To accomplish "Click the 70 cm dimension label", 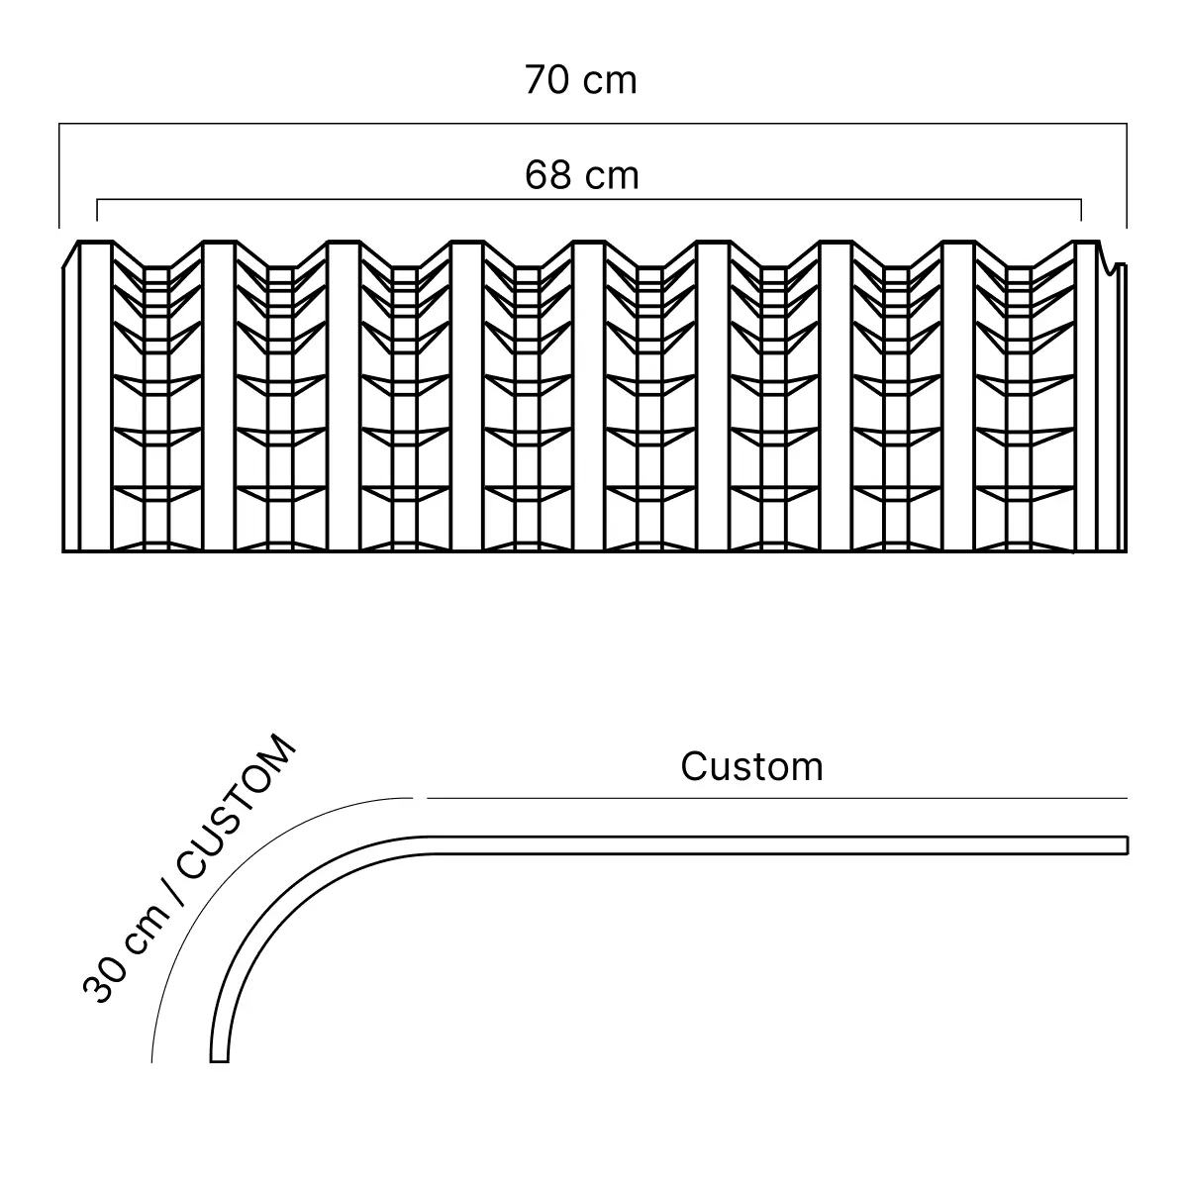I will click(581, 80).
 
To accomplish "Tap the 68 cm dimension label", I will click(581, 175).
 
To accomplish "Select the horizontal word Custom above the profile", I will click(751, 766).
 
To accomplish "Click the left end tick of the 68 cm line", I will click(97, 210).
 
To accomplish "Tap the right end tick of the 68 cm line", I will click(1081, 210).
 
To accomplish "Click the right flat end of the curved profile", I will click(1127, 844).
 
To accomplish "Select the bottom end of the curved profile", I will click(220, 1060).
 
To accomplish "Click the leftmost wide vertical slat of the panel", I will click(94, 396).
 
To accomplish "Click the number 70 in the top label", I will click(545, 80).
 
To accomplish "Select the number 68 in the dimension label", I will click(546, 175).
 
